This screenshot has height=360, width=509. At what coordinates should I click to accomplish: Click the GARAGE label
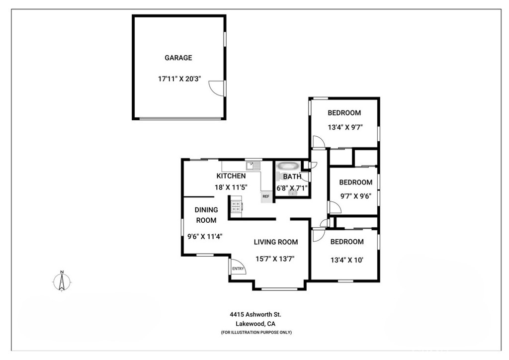(178, 58)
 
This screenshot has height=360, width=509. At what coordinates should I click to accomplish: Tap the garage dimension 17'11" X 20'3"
(178, 78)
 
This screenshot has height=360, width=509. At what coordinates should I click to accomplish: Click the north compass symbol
(62, 281)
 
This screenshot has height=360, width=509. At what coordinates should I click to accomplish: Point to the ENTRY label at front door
(238, 269)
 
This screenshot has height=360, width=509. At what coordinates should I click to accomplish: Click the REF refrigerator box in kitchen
(266, 196)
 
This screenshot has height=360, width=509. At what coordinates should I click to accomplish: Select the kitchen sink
(254, 165)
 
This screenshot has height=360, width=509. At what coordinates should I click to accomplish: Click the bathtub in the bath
(288, 166)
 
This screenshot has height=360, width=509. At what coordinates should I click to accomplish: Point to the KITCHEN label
(231, 176)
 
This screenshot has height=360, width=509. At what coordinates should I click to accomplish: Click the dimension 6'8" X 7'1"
(292, 187)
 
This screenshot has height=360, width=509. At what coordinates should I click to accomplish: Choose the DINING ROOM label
(206, 215)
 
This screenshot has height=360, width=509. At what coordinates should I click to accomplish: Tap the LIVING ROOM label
(276, 242)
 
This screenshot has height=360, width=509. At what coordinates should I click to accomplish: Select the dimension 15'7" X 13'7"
(276, 259)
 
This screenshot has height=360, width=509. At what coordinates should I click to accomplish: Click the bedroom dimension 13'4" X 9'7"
(344, 127)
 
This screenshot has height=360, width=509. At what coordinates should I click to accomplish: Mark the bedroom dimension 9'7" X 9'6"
(355, 196)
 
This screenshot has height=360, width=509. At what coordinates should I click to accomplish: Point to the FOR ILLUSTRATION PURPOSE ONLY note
(256, 332)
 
